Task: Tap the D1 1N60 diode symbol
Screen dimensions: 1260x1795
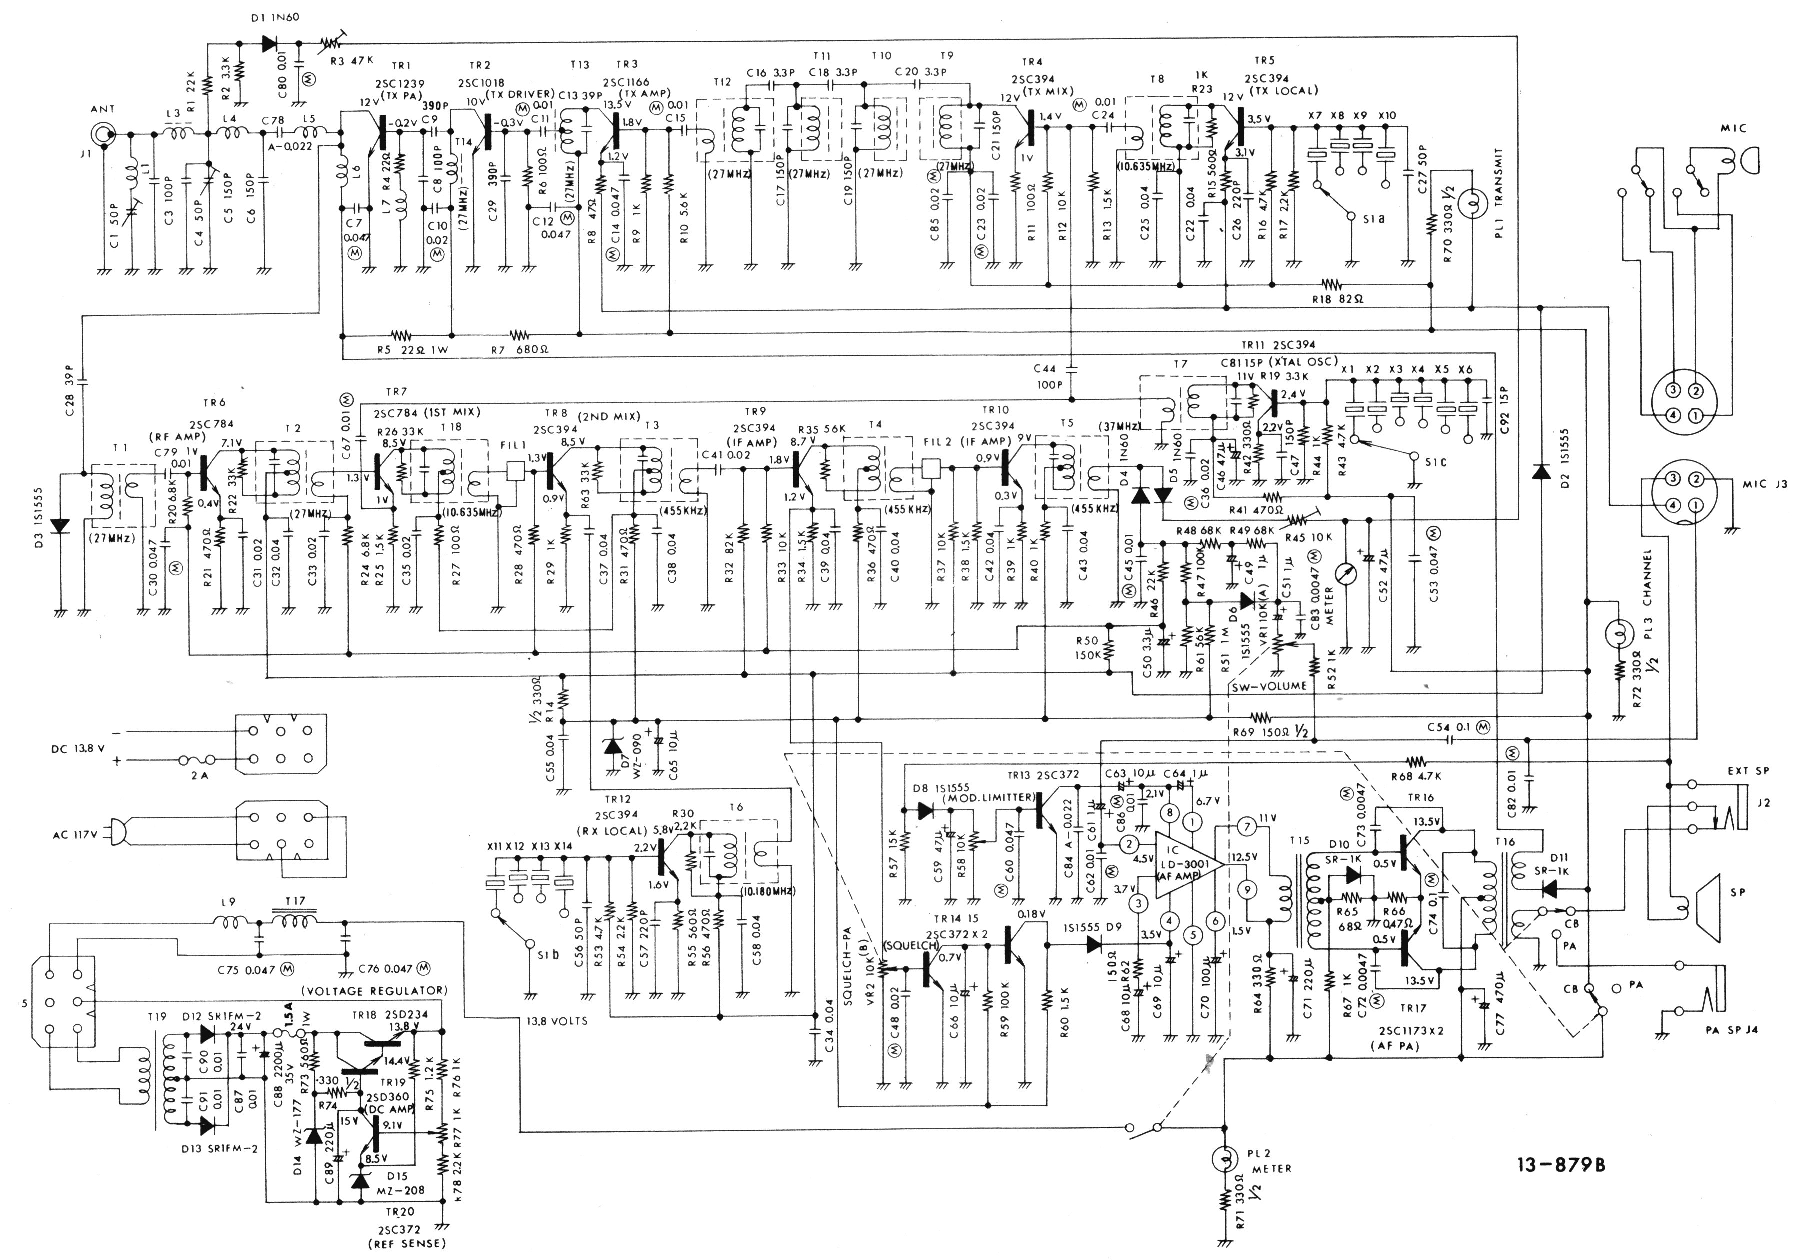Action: point(270,44)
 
